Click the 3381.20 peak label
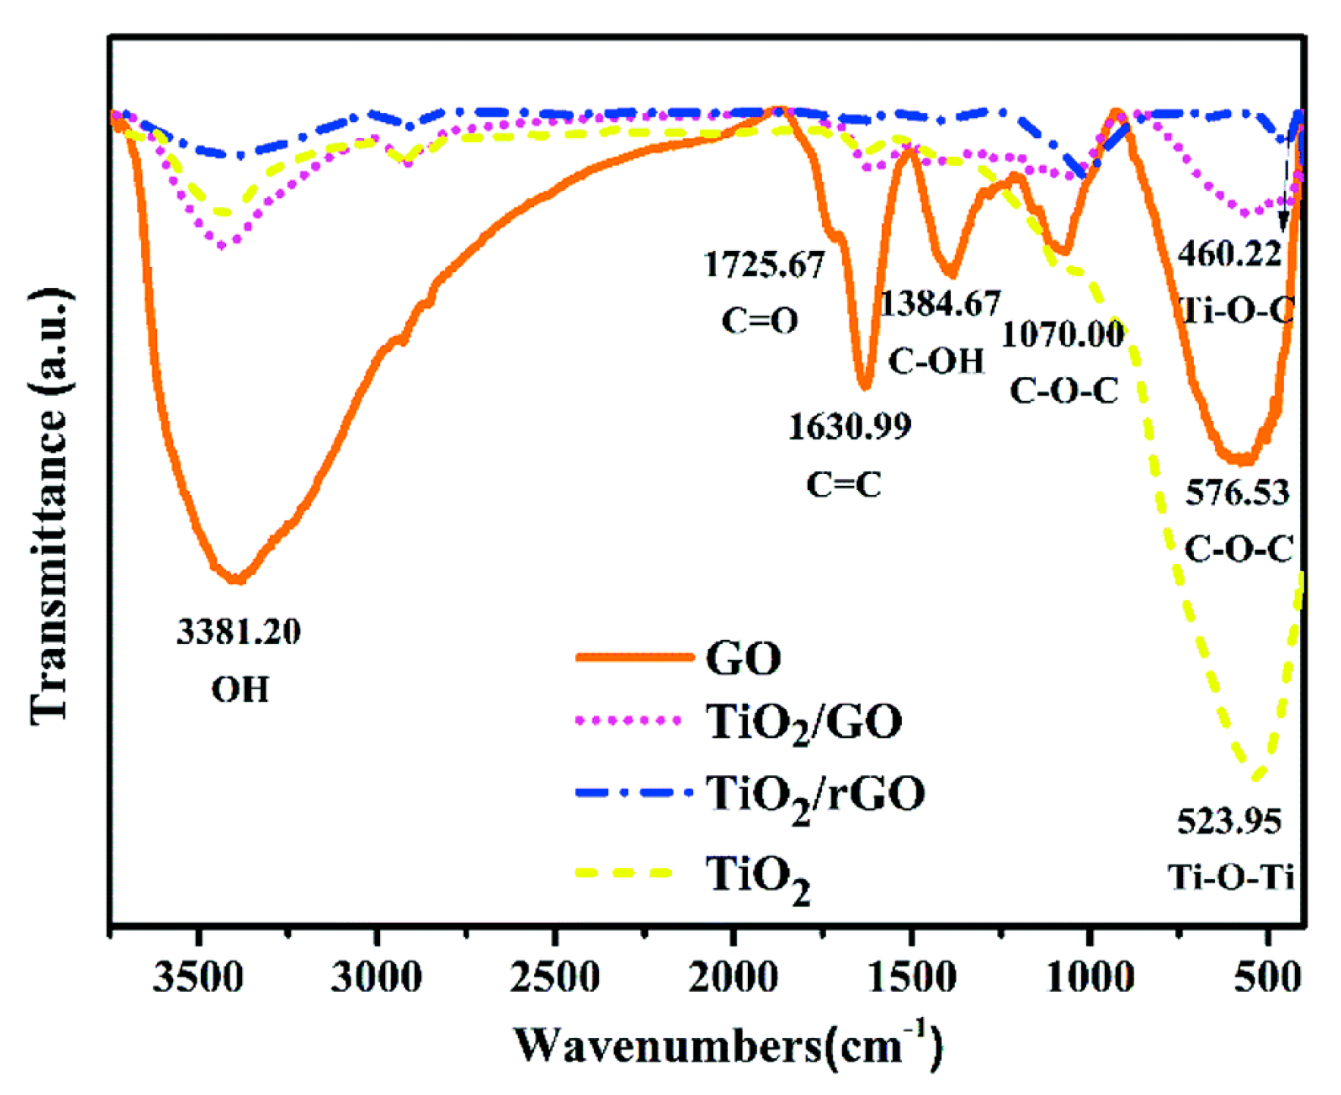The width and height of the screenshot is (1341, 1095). [238, 631]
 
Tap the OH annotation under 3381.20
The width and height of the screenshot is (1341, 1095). [240, 689]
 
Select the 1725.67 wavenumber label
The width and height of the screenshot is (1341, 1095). [763, 265]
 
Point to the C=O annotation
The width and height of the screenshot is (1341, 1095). [759, 321]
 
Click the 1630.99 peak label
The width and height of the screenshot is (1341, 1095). [850, 426]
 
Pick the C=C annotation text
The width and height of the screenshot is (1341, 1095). [843, 484]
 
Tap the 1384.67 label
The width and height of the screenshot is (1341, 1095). [940, 303]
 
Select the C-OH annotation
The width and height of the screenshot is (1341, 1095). [936, 361]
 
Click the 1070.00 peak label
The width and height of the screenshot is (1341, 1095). [1063, 334]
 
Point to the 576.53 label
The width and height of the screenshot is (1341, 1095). [1237, 493]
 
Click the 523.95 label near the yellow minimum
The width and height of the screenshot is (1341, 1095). [1229, 821]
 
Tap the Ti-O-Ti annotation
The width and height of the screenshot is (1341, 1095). [1230, 877]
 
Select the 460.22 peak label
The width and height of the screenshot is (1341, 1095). [1229, 254]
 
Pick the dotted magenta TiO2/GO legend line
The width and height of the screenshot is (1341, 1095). [629, 720]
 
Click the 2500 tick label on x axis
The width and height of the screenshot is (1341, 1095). [554, 977]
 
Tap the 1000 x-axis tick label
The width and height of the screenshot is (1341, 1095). [1090, 977]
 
